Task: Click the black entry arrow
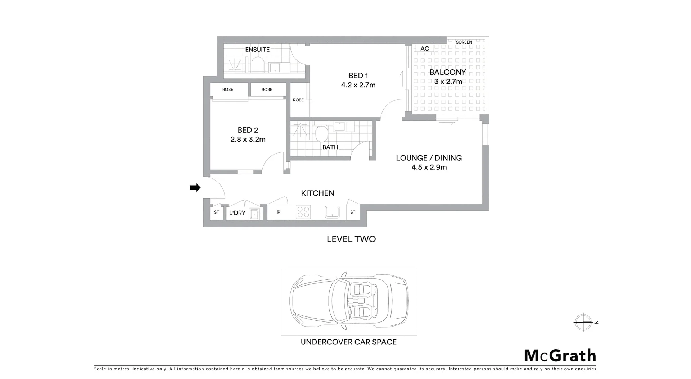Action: (195, 187)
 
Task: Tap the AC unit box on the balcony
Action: (425, 49)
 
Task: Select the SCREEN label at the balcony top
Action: (464, 42)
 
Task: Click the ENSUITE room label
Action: (257, 50)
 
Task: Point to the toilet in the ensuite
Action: (257, 65)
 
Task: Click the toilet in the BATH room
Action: (321, 133)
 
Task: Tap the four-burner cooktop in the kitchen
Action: (303, 212)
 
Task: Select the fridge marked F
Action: (279, 212)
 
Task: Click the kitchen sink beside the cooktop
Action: (332, 212)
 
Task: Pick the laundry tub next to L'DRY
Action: (254, 214)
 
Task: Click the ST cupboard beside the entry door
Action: (217, 212)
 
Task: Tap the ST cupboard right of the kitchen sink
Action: (353, 212)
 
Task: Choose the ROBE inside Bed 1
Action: (298, 100)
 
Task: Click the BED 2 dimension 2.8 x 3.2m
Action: (248, 140)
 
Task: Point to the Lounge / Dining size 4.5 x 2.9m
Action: (429, 167)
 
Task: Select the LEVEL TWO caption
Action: (351, 239)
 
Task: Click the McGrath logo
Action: (560, 356)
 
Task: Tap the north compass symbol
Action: (583, 322)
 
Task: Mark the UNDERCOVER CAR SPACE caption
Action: (348, 342)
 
